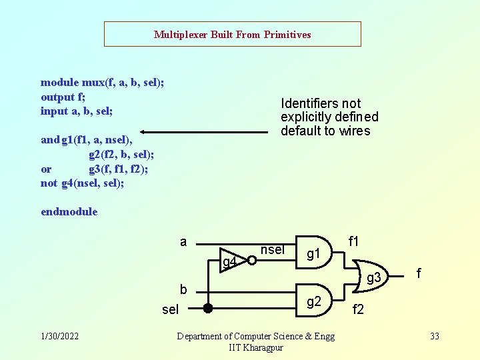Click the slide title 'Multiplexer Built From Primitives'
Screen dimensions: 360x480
(x=232, y=34)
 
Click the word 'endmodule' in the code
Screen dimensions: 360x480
(x=69, y=212)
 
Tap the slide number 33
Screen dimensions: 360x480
(x=435, y=336)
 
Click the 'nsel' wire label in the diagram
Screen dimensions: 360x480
(x=273, y=250)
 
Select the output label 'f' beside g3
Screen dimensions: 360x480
(x=419, y=273)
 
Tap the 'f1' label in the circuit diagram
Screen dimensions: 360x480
(x=354, y=241)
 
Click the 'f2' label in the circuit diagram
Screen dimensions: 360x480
(x=358, y=310)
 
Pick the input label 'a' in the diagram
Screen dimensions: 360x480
(x=183, y=241)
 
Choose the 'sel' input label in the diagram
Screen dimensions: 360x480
(x=171, y=310)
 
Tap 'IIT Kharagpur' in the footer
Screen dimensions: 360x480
(x=255, y=347)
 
